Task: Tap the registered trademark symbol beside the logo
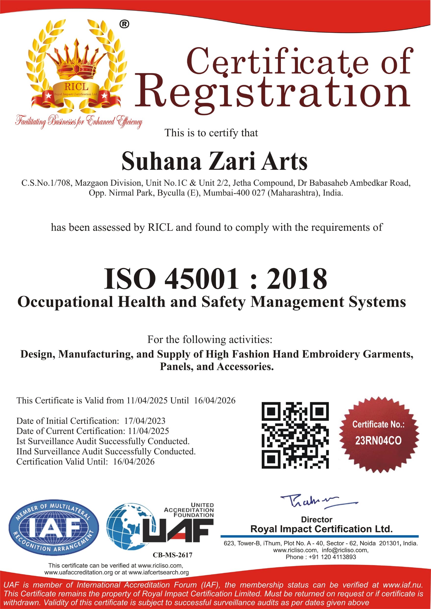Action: (124, 24)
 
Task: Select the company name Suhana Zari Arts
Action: (215, 161)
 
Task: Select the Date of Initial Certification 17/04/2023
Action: (145, 421)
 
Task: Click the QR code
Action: (295, 435)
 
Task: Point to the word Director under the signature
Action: (316, 519)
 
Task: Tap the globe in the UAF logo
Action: (128, 526)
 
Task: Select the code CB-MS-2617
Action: (172, 555)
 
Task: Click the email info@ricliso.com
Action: (345, 550)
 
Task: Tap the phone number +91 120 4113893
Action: (332, 557)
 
